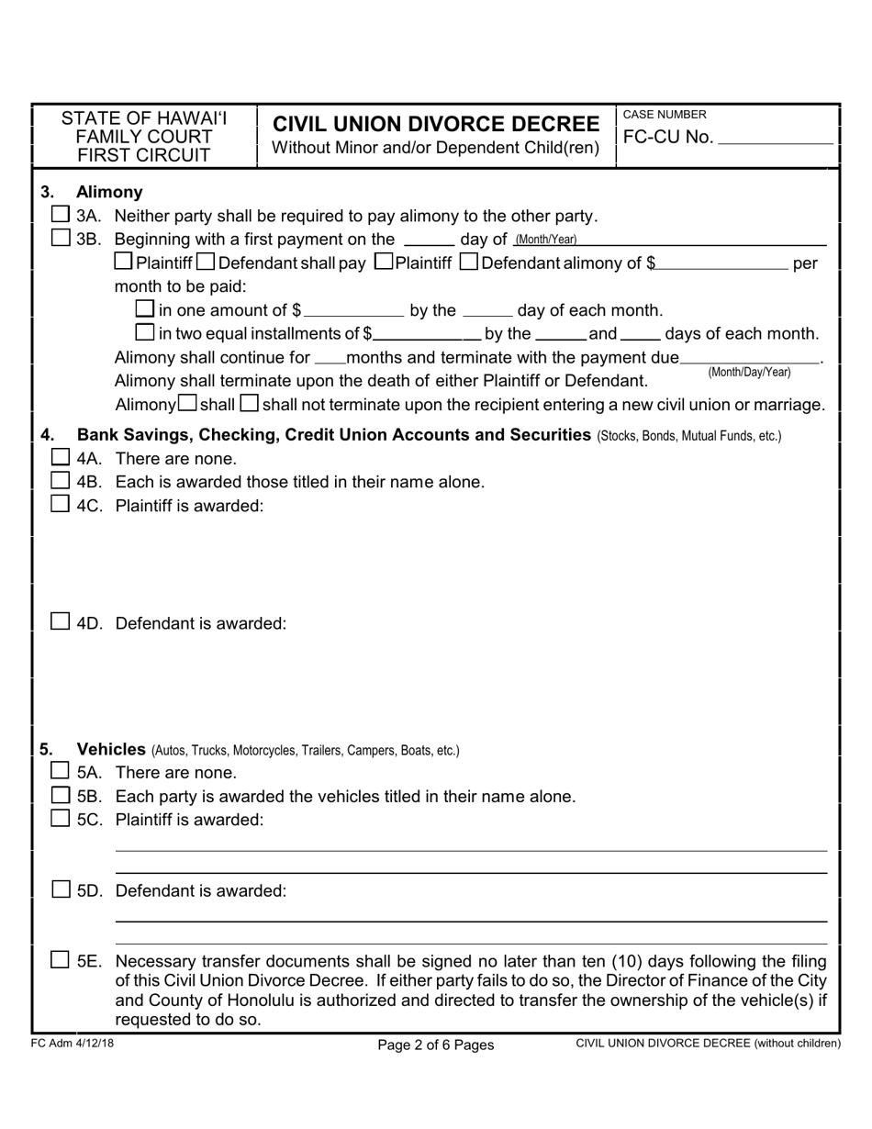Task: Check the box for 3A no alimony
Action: coord(61,215)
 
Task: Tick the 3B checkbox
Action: coord(61,238)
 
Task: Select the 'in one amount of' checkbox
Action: coord(145,309)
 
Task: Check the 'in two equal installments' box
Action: coord(145,332)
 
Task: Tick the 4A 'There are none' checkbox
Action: coord(61,457)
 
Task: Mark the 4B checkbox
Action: coord(61,480)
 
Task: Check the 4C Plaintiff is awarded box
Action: coord(61,504)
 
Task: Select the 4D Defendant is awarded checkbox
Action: coord(61,621)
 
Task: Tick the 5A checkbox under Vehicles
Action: coord(61,771)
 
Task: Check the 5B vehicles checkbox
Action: coord(61,795)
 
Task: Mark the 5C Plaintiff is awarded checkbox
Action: coord(61,819)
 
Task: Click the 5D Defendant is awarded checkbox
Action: coord(61,889)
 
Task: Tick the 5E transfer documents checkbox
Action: coord(61,960)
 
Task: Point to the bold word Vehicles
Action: coord(111,749)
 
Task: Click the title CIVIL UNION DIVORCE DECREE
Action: coord(436,124)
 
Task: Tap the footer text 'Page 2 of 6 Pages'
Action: coord(436,1045)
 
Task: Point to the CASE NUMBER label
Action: coord(665,115)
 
